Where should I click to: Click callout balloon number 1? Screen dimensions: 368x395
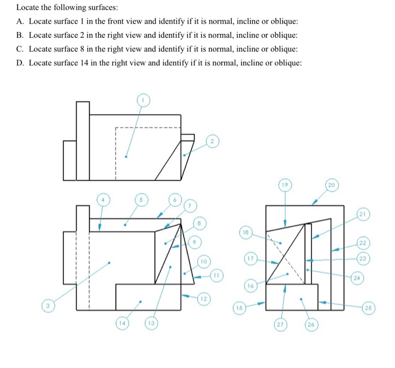pyautogui.click(x=143, y=100)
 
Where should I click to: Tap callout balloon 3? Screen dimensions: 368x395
pyautogui.click(x=48, y=306)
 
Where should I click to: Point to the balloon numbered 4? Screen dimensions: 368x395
pyautogui.click(x=103, y=200)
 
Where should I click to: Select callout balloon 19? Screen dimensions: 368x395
pyautogui.click(x=286, y=185)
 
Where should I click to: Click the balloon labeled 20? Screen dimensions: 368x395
pyautogui.click(x=331, y=185)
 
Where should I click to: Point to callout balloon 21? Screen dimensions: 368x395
pyautogui.click(x=362, y=214)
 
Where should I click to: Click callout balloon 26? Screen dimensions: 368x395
pyautogui.click(x=310, y=326)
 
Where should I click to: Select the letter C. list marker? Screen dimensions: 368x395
pyautogui.click(x=20, y=49)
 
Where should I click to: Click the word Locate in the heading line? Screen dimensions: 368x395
pyautogui.click(x=27, y=7)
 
